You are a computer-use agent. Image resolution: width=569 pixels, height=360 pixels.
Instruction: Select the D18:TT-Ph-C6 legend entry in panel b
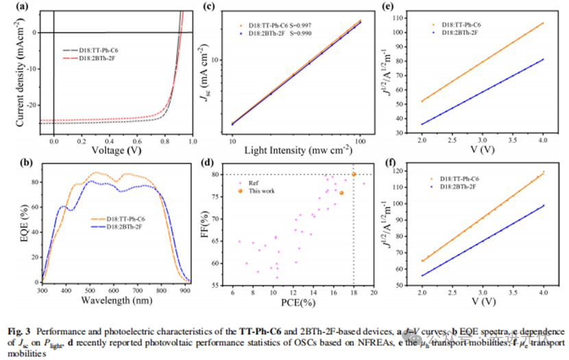134,219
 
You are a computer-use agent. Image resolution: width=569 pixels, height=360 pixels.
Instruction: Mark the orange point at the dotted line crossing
354,174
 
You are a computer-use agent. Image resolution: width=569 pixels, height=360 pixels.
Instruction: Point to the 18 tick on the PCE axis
354,291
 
